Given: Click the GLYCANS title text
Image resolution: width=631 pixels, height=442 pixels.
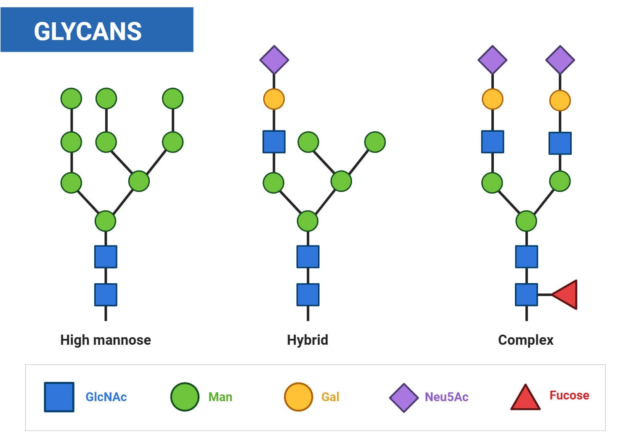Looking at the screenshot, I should tap(87, 31).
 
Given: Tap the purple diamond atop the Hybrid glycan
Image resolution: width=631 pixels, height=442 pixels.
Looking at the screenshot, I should tap(274, 60).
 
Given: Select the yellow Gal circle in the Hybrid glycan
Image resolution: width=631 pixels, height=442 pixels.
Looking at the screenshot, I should tap(274, 99).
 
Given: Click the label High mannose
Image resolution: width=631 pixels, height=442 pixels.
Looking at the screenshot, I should tap(105, 340).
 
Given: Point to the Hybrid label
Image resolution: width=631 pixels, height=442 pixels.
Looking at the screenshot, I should tap(307, 340).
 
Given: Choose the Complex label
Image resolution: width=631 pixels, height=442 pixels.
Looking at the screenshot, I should tap(525, 340).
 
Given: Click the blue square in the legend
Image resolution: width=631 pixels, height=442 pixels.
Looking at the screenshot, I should tap(59, 397).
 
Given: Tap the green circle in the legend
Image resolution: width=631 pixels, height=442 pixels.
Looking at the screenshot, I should tap(185, 397).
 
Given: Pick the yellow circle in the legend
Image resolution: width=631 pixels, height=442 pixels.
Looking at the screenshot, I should tap(298, 397).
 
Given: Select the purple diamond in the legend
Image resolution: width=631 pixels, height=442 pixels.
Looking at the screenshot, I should tap(403, 397).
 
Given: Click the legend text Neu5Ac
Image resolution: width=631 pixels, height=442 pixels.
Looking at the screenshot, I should tap(446, 397).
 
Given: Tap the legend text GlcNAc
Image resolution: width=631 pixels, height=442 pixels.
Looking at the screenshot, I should tap(106, 397).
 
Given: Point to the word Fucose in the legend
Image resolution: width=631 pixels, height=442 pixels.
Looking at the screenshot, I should tap(569, 395).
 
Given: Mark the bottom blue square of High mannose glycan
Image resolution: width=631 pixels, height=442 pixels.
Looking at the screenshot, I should tap(106, 295).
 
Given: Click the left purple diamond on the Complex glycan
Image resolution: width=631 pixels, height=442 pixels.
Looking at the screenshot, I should tap(492, 60).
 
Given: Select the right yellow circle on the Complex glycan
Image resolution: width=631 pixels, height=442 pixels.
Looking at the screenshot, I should tap(560, 101).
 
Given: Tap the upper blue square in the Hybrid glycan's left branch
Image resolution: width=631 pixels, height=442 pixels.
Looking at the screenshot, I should tap(274, 141).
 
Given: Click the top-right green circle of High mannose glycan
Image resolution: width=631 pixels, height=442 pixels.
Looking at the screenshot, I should tap(172, 99).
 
